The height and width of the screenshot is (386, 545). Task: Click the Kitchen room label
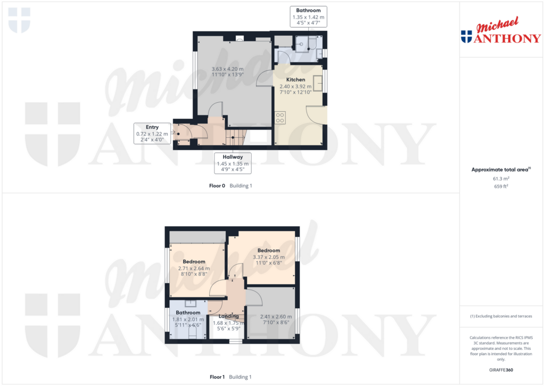click(x=295, y=79)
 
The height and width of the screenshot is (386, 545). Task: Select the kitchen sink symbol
click(x=319, y=83)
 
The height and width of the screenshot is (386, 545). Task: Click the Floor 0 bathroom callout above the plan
click(x=308, y=17)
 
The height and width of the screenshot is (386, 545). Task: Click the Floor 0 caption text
click(x=217, y=186)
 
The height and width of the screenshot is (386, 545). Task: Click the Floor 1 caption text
click(x=217, y=377)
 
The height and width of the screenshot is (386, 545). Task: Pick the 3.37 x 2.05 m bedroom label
click(x=268, y=257)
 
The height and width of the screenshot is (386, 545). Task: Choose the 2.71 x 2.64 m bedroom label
click(x=194, y=268)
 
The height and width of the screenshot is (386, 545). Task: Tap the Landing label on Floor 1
click(x=228, y=316)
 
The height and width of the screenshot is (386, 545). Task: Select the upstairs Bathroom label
click(x=188, y=313)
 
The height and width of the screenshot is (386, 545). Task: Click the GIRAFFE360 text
click(x=500, y=369)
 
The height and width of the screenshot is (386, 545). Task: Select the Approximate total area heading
click(x=499, y=169)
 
